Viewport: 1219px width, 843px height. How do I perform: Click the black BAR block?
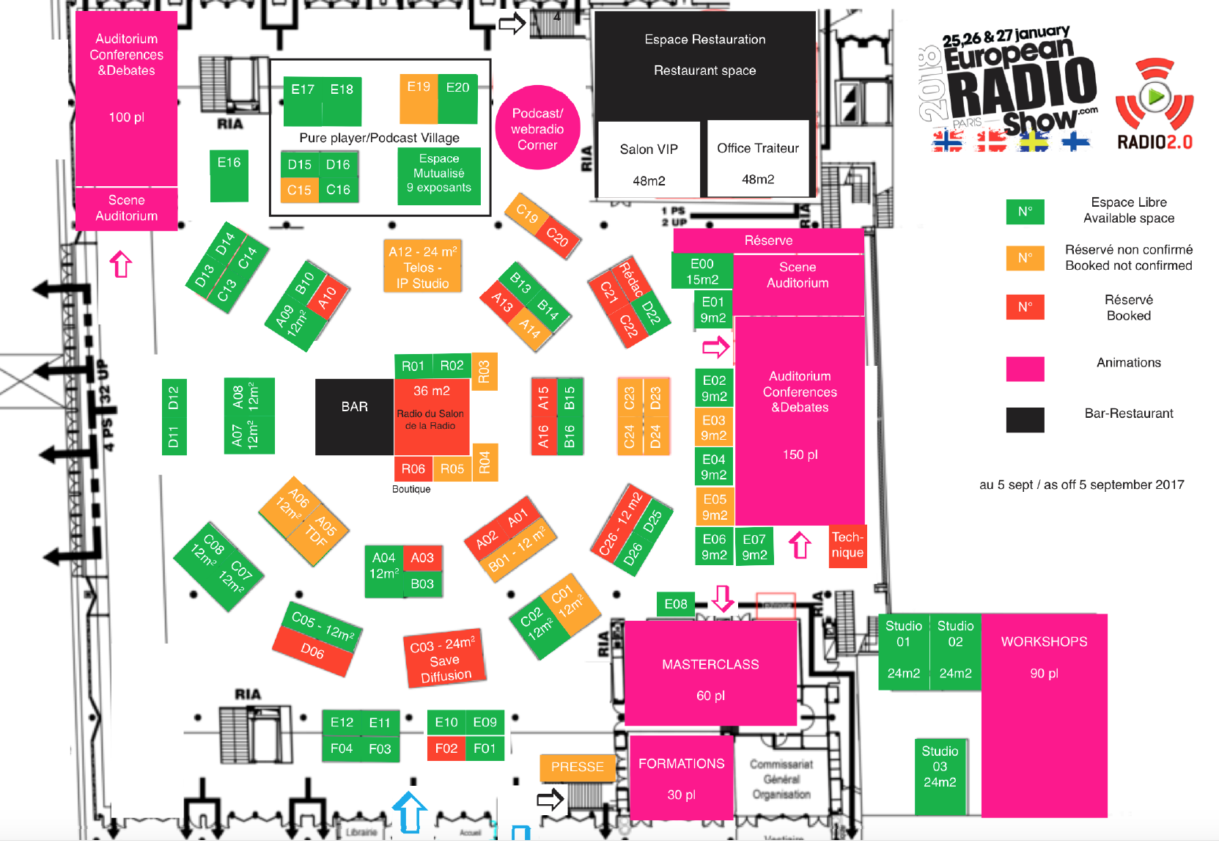coord(354,416)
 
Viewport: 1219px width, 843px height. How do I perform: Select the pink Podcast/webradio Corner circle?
coord(537,128)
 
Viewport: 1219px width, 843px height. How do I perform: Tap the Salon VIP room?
coord(649,161)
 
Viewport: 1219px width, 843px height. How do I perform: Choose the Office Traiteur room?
coord(758,159)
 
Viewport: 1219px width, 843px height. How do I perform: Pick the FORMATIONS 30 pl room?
coord(681,778)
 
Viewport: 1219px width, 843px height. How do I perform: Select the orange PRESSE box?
coord(577,767)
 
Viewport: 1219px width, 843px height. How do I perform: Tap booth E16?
coord(229,175)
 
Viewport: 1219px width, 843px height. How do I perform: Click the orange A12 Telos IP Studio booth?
coord(422,266)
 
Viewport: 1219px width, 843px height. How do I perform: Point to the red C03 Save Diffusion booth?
coord(444,658)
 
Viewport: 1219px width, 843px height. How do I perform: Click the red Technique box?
coord(847,545)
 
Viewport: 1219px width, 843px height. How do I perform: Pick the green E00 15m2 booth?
coord(701,270)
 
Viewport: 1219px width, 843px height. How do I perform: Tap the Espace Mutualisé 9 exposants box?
coord(439,174)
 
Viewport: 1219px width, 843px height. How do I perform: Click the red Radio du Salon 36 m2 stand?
coord(431,417)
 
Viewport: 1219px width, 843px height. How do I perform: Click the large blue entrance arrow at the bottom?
coord(410,812)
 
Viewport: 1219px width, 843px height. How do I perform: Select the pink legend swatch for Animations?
coord(1025,369)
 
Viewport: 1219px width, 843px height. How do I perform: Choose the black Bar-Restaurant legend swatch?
coord(1025,419)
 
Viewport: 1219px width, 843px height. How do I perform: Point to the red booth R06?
coord(413,468)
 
